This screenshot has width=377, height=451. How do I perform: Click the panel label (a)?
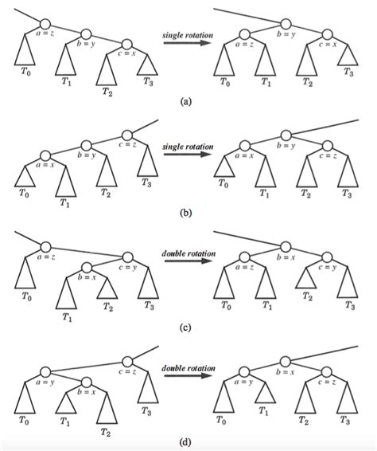coord(186,101)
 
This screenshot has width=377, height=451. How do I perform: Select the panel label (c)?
coord(185,327)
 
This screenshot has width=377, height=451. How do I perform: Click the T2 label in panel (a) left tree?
coord(107,92)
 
